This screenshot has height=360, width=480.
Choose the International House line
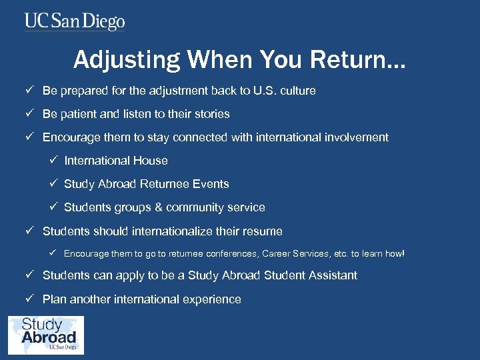coord(115,161)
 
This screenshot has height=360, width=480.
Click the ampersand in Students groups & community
coord(158,207)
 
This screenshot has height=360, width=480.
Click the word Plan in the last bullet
coord(54,299)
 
